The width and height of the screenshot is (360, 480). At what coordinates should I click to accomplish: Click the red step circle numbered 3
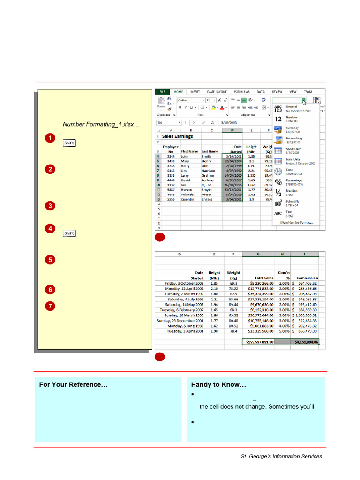click(x=50, y=205)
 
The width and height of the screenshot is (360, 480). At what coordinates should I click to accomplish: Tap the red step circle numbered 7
click(x=50, y=306)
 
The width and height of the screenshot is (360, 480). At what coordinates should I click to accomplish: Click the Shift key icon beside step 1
click(x=69, y=143)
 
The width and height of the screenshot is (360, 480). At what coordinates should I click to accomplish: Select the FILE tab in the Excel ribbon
click(x=162, y=92)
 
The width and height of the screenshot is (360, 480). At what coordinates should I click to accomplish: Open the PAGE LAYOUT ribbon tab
click(x=217, y=92)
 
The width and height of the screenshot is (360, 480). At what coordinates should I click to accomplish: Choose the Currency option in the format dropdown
click(x=292, y=130)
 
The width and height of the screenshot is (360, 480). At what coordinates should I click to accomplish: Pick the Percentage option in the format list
click(x=294, y=182)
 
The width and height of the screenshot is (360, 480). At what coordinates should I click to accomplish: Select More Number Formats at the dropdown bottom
click(x=296, y=222)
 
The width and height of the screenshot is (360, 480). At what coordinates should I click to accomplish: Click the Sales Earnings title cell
click(x=177, y=136)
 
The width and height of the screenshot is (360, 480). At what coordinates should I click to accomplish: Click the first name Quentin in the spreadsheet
click(x=188, y=199)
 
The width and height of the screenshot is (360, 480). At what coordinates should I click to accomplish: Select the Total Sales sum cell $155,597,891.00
click(x=258, y=342)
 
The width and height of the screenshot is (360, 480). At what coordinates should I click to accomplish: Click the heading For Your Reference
click(x=74, y=385)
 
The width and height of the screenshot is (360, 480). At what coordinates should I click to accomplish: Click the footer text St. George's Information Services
click(x=281, y=457)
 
